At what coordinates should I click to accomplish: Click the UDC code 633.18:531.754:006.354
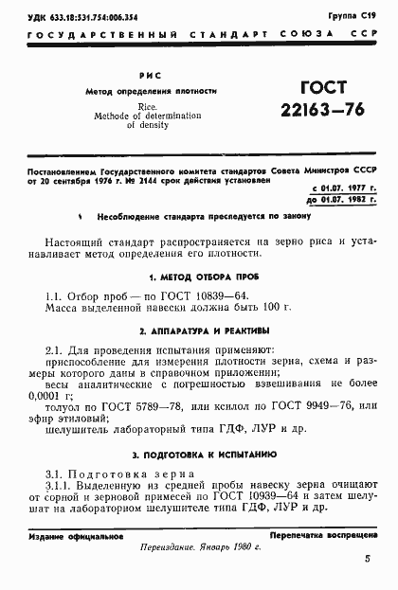coord(83,17)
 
